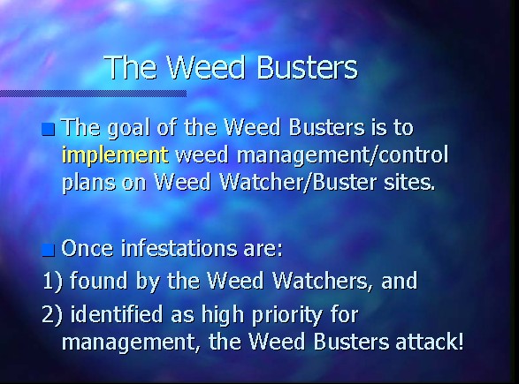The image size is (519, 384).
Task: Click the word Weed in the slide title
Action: coord(207,67)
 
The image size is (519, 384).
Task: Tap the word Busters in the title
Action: coord(307,67)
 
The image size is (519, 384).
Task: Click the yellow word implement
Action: coord(115,155)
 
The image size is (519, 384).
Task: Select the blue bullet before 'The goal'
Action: coord(49,129)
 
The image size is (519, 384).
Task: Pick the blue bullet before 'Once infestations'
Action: coord(49,250)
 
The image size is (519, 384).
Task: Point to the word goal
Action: coord(128,129)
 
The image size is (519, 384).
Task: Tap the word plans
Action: coord(88,183)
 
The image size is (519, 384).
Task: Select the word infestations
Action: coord(179,248)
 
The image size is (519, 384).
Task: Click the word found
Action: coord(98,281)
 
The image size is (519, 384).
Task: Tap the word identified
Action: coord(117,314)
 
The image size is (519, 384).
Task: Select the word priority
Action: coord(286,316)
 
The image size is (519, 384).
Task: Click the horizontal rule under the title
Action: coord(94,94)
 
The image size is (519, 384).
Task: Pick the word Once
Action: coord(88,248)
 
